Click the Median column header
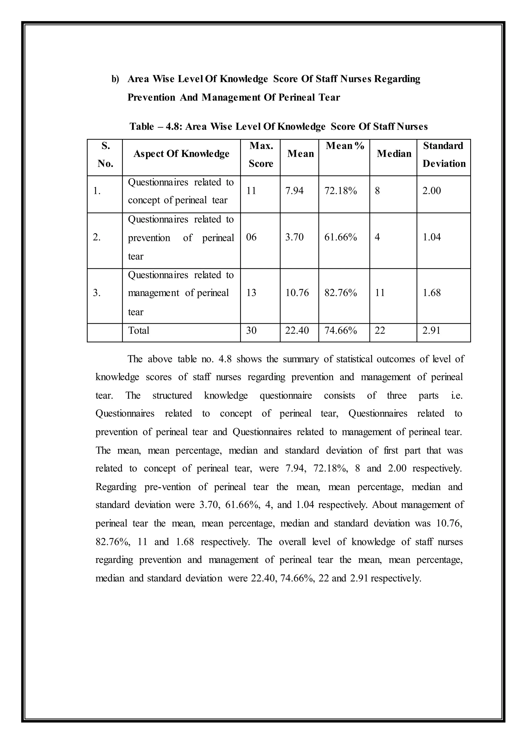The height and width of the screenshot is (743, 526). tap(394, 154)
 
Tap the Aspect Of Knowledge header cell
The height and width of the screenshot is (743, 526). tap(181, 154)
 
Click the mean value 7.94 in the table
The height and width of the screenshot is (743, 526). tap(294, 191)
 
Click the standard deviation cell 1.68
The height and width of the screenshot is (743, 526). tap(431, 293)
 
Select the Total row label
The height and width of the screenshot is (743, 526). tap(139, 330)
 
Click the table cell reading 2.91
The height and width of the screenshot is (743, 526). tap(431, 330)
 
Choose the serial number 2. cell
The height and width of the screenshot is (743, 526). tap(97, 237)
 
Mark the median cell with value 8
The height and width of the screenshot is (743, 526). tap(377, 191)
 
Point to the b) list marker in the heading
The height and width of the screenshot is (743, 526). tap(115, 79)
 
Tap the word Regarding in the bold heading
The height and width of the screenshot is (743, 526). tap(397, 79)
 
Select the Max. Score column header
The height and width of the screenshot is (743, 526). tap(261, 155)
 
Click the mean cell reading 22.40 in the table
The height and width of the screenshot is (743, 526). tap(297, 330)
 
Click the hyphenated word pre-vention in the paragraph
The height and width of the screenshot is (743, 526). tap(167, 487)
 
